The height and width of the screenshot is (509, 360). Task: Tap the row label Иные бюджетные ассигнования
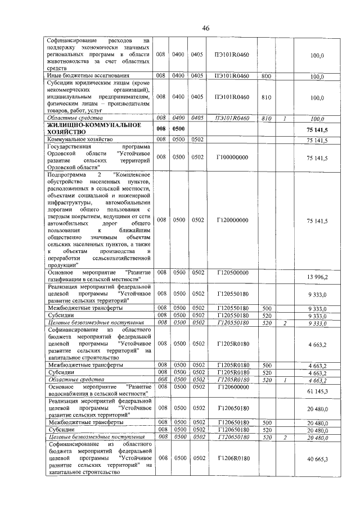79,75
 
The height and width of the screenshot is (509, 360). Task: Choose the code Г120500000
232,272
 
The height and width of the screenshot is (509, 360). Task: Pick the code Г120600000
232,388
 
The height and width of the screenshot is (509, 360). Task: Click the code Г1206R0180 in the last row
232,458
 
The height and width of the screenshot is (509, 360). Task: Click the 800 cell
267,75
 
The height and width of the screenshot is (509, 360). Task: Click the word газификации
66,279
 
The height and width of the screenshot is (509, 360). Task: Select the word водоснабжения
69,394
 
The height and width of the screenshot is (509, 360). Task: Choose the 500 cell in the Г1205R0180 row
267,365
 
